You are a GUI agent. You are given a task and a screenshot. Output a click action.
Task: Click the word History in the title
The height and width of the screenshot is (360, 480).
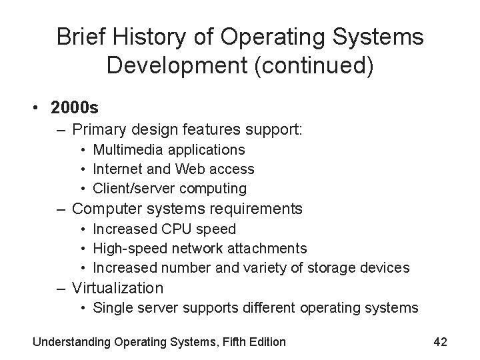coord(144,37)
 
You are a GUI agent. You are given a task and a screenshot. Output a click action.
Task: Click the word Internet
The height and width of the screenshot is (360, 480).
coord(117,169)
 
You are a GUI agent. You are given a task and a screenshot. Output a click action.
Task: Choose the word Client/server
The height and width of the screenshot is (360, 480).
coord(133,189)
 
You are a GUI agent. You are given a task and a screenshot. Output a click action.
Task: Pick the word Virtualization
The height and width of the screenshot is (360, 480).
coord(117,288)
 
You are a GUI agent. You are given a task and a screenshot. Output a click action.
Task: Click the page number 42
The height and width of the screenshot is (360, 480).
coord(440,342)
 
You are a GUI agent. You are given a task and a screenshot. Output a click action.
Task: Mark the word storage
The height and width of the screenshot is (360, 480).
coord(348,268)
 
